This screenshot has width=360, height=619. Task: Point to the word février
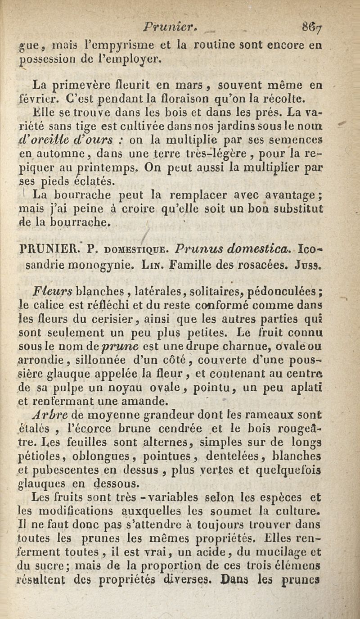pos(36,97)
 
